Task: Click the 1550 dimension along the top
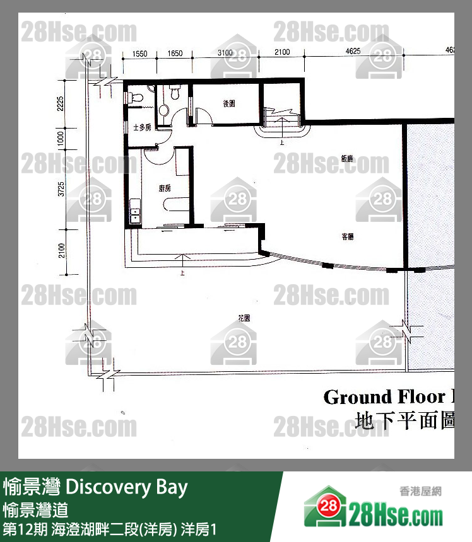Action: (x=140, y=54)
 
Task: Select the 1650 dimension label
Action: (x=176, y=54)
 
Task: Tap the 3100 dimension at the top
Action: (x=225, y=54)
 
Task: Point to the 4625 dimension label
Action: (x=353, y=52)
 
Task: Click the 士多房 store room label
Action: (x=142, y=127)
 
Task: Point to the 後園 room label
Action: (x=229, y=104)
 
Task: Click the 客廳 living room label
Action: (x=347, y=238)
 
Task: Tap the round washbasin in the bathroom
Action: (x=163, y=110)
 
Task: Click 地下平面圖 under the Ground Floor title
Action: (x=404, y=420)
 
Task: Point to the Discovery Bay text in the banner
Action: (x=126, y=487)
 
